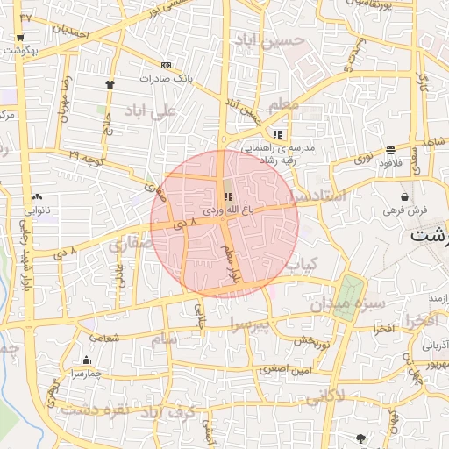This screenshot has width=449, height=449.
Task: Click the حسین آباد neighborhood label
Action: click(x=269, y=40)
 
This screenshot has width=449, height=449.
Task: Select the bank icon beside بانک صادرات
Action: click(x=167, y=65)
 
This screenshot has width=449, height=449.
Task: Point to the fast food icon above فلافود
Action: click(x=390, y=151)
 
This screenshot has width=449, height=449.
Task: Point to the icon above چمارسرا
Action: click(x=86, y=360)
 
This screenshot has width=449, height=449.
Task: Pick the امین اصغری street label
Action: click(x=286, y=370)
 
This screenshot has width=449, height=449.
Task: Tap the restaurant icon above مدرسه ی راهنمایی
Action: click(x=277, y=134)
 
